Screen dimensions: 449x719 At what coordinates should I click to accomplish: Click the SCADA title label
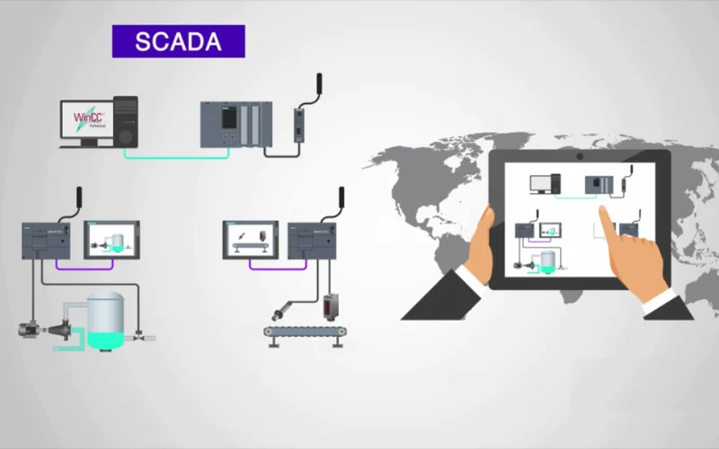point(178,41)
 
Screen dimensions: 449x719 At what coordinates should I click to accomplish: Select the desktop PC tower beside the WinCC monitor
point(127,120)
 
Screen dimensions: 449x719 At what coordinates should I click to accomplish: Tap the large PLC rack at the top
point(235,124)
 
